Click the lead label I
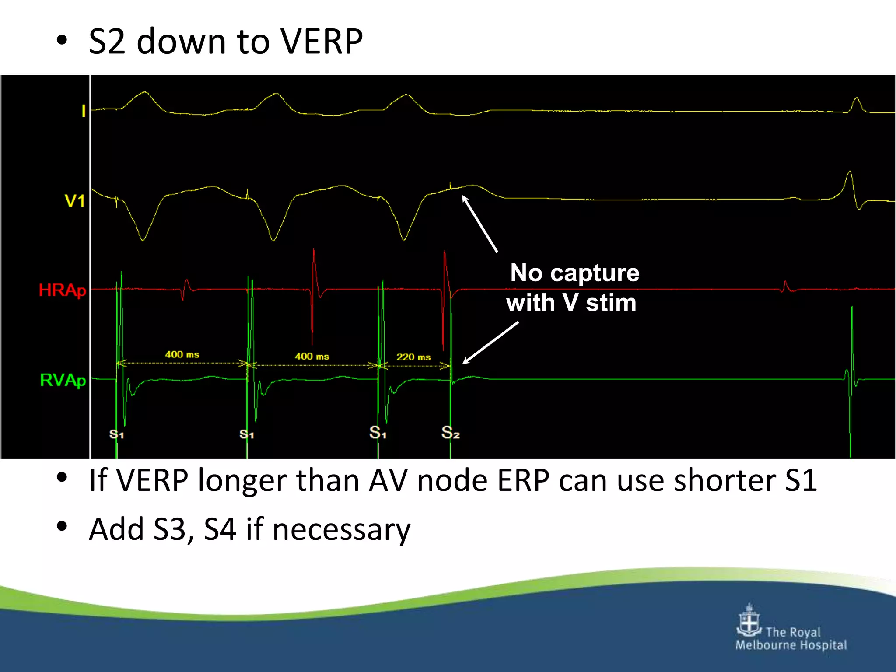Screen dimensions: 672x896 coord(83,111)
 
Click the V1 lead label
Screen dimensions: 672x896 coord(74,201)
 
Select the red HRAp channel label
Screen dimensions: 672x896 coord(62,290)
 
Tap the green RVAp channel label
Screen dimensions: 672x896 coord(63,380)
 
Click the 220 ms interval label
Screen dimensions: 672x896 coord(413,357)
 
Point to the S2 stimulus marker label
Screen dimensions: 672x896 coord(450,433)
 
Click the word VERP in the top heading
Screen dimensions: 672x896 coord(322,42)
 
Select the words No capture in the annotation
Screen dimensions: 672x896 coord(574,273)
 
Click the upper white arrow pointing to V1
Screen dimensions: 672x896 coord(480,224)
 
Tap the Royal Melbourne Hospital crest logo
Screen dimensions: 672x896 coord(749,621)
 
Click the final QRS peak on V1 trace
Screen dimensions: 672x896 coord(850,173)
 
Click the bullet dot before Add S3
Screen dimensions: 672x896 coord(62,527)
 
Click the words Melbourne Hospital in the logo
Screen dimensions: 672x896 coord(791,645)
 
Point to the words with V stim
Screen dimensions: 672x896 coord(571,303)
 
